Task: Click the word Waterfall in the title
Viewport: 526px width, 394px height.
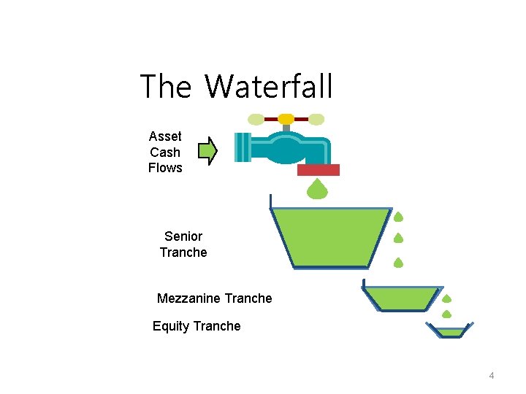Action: (269, 87)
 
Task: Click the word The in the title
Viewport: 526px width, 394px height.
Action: (165, 87)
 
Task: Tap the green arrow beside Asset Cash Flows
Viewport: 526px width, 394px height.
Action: (208, 151)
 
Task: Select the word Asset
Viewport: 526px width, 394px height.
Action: (165, 136)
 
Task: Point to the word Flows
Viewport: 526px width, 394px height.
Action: (165, 168)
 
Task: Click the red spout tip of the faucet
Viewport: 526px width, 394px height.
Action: (319, 170)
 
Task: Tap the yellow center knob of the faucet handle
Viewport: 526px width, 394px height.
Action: (286, 119)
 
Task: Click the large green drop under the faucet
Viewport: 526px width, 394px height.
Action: (317, 190)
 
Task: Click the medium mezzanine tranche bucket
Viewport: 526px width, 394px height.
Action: (401, 297)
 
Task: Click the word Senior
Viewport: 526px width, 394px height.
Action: (183, 236)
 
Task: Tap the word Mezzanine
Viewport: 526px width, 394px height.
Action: (189, 298)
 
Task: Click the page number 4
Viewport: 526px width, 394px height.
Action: (492, 376)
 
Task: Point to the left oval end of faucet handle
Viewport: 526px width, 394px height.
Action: (256, 119)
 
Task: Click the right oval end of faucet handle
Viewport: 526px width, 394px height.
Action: (316, 119)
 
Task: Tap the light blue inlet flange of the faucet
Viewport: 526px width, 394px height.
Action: (243, 147)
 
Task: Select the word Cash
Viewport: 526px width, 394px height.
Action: (165, 152)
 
